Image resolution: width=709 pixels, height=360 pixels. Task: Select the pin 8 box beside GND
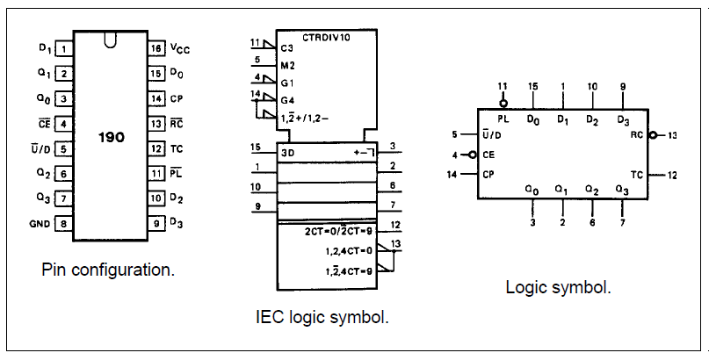coord(63,224)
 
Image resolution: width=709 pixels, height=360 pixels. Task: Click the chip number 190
coord(111,138)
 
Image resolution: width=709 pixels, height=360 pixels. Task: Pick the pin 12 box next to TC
coord(156,149)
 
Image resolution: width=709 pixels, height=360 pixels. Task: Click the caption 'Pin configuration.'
coord(108,270)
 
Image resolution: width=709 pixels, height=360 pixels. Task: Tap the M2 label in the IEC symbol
coord(286,64)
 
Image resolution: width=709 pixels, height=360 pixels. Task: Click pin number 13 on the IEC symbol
coord(396,243)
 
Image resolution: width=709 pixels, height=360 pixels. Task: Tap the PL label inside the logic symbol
coord(503,117)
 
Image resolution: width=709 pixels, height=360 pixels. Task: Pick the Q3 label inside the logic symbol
coord(622,189)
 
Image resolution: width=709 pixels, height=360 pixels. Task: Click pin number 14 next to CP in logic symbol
coord(454,175)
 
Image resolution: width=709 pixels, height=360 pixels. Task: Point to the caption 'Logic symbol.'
coord(558,287)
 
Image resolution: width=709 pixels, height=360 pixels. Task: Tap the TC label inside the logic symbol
coord(637,175)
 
